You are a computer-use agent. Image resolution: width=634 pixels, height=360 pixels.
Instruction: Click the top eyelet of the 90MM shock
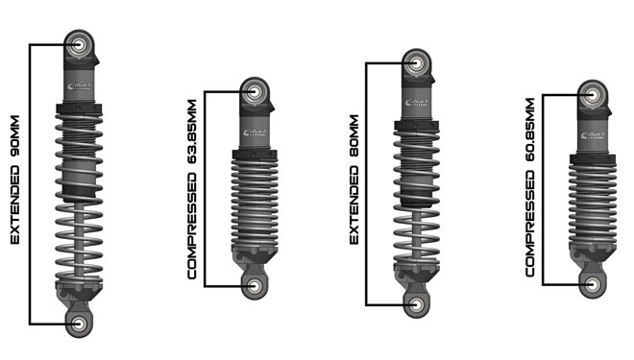(x=79, y=44)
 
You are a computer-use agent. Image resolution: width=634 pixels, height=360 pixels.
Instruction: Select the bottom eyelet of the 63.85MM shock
(x=254, y=285)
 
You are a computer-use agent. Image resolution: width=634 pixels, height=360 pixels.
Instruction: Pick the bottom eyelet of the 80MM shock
(x=416, y=303)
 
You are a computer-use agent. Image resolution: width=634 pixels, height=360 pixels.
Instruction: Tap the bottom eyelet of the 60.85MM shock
(x=593, y=284)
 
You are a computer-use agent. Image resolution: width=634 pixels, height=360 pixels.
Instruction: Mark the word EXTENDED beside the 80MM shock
(x=354, y=207)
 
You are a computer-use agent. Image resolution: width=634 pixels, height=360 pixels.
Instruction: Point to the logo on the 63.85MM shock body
(x=254, y=132)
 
